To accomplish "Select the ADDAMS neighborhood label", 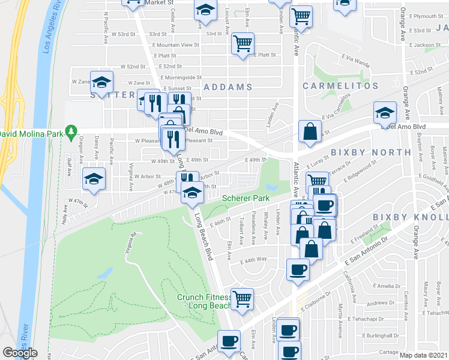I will click(x=228, y=87).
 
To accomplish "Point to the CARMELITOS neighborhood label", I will click(x=335, y=86).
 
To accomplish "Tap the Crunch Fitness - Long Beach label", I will click(x=204, y=302).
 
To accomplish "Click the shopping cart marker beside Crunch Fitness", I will click(x=242, y=298).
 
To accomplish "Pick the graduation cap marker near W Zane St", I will click(x=101, y=82).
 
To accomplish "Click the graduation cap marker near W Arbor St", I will click(x=93, y=181).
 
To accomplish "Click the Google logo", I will click(x=20, y=353).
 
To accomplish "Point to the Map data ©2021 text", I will click(x=424, y=355).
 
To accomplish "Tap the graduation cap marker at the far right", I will click(x=384, y=112).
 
